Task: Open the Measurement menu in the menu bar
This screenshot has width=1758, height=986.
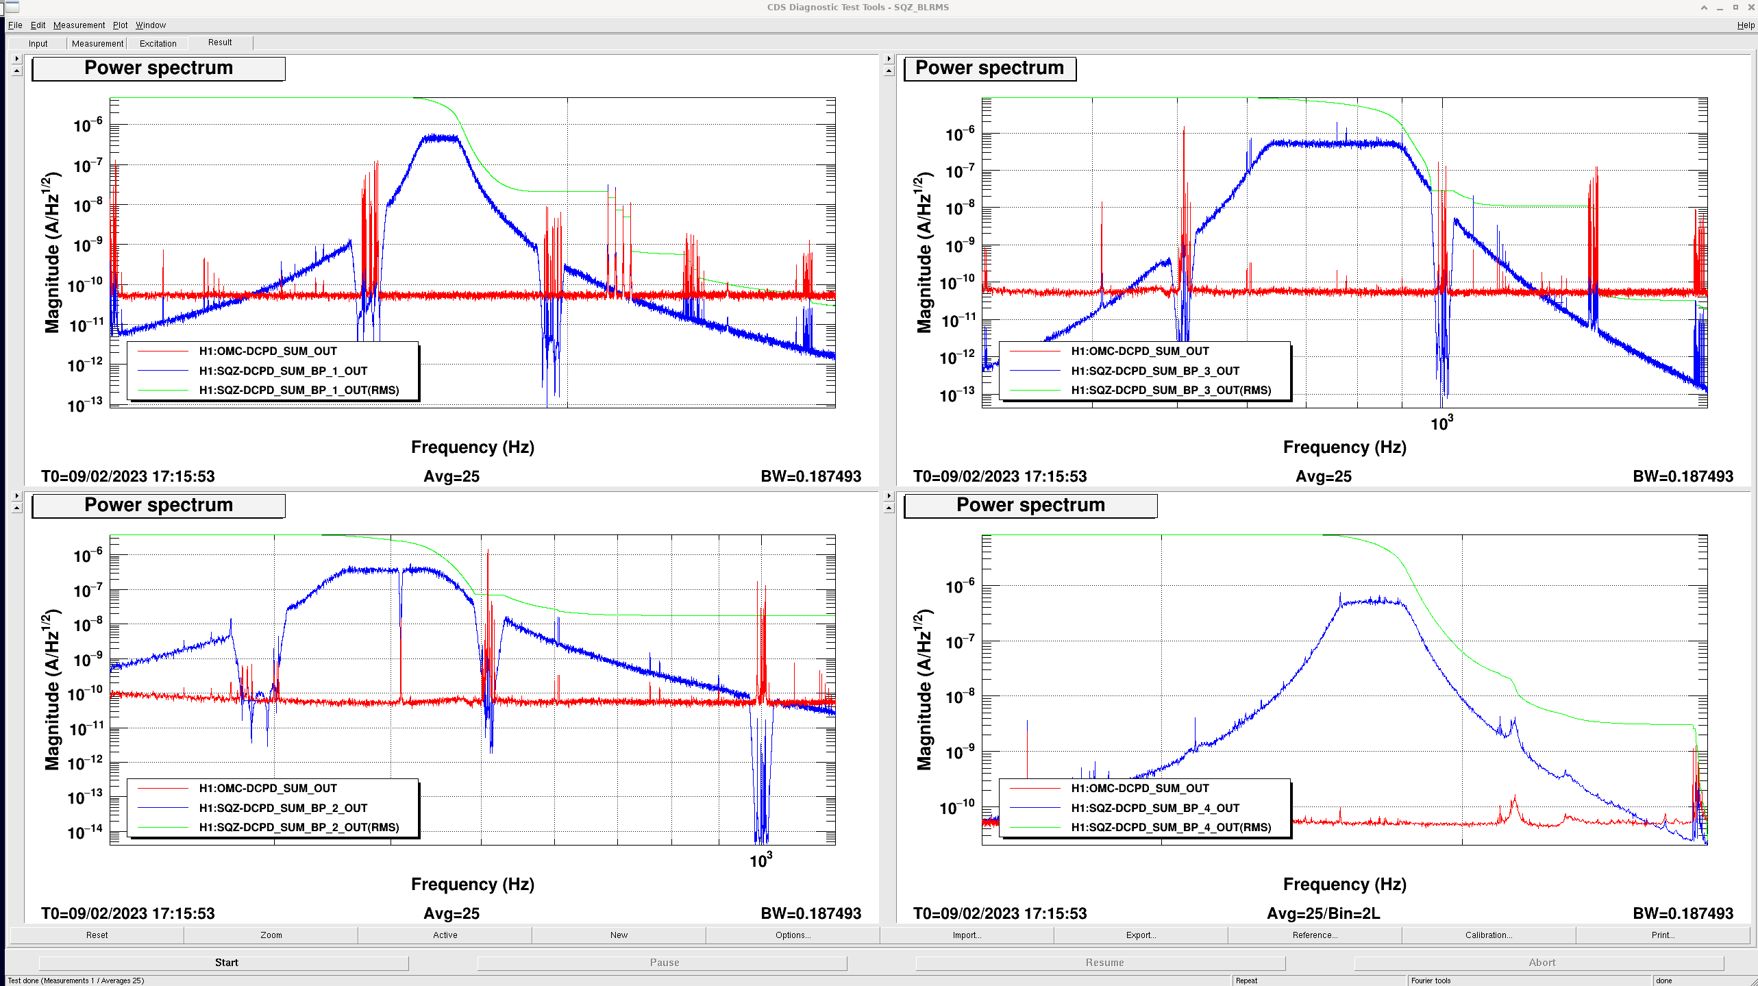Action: (x=79, y=25)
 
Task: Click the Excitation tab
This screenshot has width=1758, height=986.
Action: (x=158, y=43)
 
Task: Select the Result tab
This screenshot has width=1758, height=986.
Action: (x=220, y=42)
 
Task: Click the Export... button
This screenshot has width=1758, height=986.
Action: (x=1141, y=935)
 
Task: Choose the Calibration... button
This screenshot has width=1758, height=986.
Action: (x=1489, y=935)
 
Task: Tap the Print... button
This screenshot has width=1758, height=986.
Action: (x=1663, y=935)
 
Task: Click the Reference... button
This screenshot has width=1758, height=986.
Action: (x=1315, y=935)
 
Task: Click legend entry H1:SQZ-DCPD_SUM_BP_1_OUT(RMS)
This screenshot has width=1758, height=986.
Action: (x=299, y=391)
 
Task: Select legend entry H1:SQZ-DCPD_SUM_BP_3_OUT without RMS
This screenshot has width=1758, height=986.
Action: (x=1155, y=371)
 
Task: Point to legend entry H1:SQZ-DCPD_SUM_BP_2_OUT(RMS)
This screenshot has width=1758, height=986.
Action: (x=299, y=828)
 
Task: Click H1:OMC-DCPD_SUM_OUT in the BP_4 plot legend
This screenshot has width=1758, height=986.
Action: (x=1140, y=789)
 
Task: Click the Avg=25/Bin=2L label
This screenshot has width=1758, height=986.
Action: (x=1324, y=913)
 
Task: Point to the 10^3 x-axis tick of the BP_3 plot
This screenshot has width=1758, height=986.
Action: (x=1441, y=423)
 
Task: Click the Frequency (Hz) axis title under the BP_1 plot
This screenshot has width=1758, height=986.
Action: (x=473, y=447)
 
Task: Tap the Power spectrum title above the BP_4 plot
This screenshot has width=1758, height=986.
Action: (x=1030, y=506)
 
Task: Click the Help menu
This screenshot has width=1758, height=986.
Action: (x=1746, y=25)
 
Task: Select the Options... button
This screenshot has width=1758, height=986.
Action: (x=793, y=935)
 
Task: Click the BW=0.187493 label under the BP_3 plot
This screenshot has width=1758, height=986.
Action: (x=1683, y=476)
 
